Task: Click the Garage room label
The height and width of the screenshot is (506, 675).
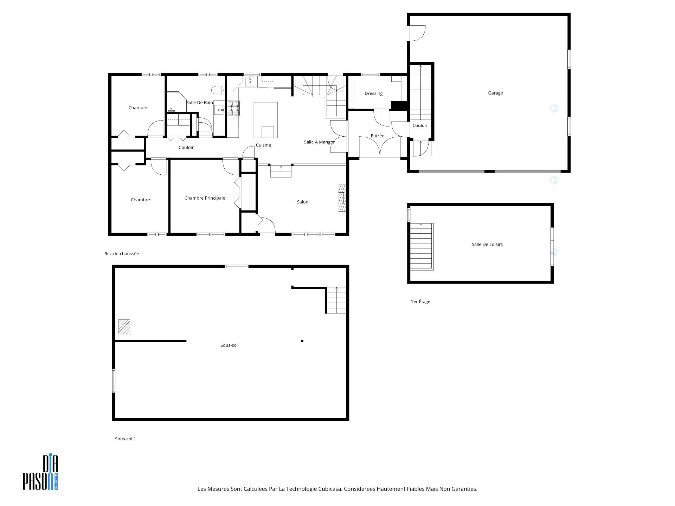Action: click(495, 93)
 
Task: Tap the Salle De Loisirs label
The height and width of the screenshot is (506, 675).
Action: click(487, 245)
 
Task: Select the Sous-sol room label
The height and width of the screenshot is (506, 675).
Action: click(229, 345)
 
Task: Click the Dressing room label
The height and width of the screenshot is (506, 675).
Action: click(373, 93)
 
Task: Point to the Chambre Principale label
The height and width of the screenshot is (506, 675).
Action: click(205, 198)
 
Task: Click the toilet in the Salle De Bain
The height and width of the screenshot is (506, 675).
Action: click(218, 91)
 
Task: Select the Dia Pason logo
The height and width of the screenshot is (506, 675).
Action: click(40, 472)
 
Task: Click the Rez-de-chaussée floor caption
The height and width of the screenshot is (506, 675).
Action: click(122, 254)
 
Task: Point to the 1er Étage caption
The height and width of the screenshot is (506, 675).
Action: click(420, 301)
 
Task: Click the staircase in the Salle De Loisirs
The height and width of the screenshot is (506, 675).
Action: click(422, 246)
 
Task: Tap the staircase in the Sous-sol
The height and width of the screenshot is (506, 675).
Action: click(336, 300)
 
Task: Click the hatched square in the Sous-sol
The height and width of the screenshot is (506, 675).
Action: click(124, 326)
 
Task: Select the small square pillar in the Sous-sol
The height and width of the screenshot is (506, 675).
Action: click(302, 341)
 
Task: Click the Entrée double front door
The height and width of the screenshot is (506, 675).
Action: click(380, 148)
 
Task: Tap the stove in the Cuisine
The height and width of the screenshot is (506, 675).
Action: click(233, 108)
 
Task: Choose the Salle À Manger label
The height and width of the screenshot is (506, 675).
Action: click(319, 142)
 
